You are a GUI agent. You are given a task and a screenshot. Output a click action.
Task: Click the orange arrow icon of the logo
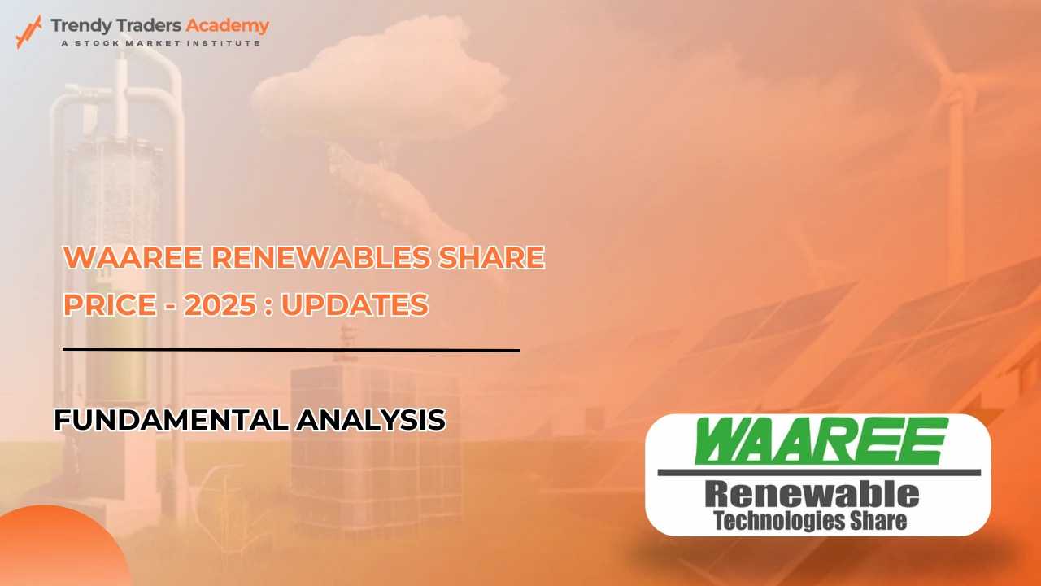[x=28, y=32]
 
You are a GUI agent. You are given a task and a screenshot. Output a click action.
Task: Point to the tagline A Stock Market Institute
[x=160, y=43]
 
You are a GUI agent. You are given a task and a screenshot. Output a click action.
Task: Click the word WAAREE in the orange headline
[x=133, y=258]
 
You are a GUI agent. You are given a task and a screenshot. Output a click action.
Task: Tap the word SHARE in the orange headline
[x=492, y=258]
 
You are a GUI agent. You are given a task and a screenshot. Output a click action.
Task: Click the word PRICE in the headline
[x=110, y=305]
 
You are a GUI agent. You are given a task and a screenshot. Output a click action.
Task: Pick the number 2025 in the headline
[x=220, y=305]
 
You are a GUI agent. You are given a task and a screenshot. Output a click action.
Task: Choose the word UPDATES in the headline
[x=355, y=305]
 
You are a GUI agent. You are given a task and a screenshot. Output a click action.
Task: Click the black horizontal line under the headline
[x=291, y=350]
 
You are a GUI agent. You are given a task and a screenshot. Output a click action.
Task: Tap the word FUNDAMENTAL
[x=172, y=420]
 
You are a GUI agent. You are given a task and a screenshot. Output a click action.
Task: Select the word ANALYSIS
[x=372, y=420]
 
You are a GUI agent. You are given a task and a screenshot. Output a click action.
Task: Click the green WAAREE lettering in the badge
[x=821, y=441]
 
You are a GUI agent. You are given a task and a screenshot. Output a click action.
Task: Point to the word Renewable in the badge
[x=812, y=495]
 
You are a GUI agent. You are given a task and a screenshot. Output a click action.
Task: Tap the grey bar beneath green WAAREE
[x=819, y=473]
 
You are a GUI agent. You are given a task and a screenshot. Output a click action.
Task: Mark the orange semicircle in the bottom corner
[x=60, y=549]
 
